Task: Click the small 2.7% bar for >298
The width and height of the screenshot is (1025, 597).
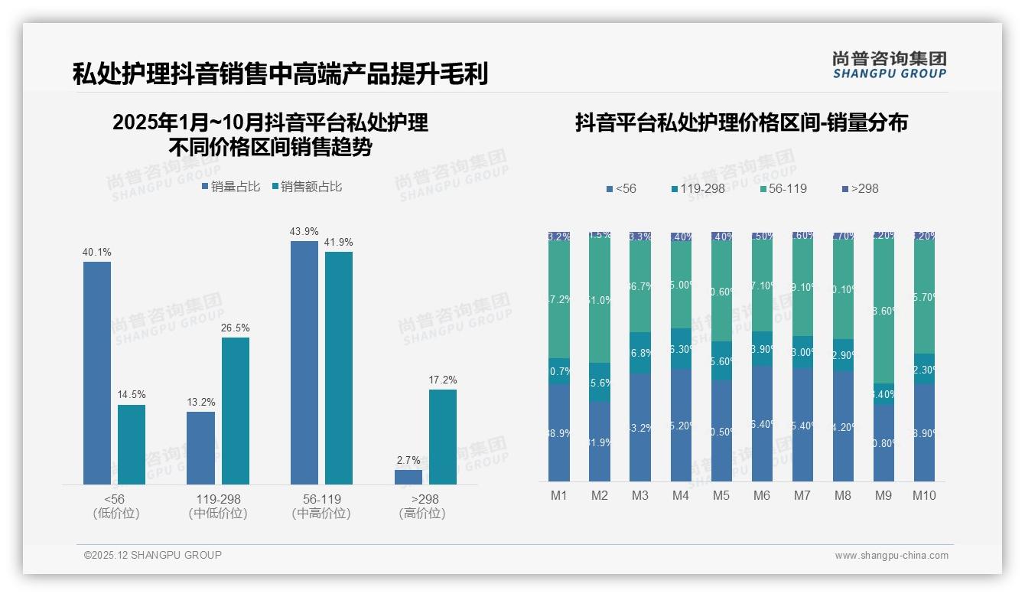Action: tap(408, 477)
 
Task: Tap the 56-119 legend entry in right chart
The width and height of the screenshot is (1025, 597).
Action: tap(783, 188)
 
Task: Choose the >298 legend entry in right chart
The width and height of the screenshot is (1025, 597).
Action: tap(860, 188)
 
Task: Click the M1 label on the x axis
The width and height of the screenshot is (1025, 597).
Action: tap(559, 495)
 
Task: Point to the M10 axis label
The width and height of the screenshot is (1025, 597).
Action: tap(924, 495)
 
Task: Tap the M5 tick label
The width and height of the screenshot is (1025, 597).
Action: tap(721, 495)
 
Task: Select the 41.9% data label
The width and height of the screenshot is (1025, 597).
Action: tap(339, 243)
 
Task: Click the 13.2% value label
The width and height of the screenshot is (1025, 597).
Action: tap(201, 403)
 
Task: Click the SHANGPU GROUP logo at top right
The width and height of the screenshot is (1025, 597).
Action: tap(890, 65)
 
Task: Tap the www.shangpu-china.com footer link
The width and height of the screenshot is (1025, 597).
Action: tap(891, 556)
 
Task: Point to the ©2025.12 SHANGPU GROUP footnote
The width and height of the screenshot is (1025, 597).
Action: tap(153, 555)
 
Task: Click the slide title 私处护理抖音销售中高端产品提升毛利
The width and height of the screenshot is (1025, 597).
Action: tap(280, 74)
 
